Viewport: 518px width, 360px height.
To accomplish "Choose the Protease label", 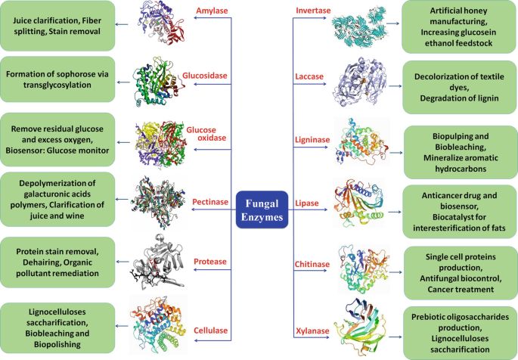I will click(209, 262).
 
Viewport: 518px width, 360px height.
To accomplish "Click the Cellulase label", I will click(209, 330).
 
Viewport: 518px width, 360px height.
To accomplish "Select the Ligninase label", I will click(312, 138).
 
